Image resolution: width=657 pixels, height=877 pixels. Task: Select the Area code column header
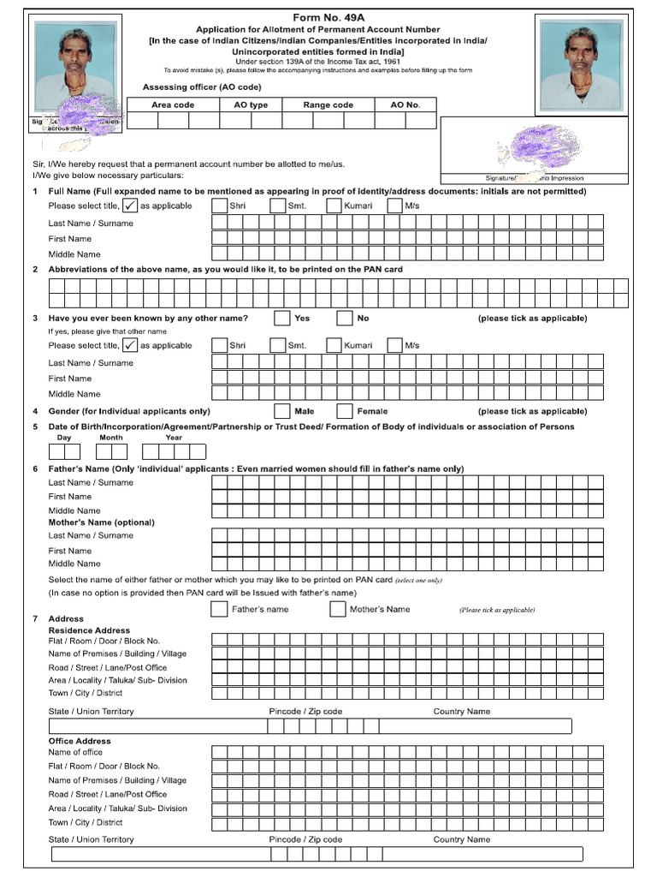point(173,104)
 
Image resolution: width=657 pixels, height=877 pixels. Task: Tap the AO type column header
point(251,104)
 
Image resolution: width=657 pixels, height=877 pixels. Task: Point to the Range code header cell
point(328,104)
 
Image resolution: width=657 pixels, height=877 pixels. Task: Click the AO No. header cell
point(405,104)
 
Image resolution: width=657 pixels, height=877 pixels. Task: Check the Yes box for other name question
point(282,319)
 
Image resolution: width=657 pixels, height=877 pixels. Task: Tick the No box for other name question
point(345,319)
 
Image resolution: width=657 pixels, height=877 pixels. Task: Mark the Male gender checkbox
point(282,411)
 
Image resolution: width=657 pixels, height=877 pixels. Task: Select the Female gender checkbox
point(345,411)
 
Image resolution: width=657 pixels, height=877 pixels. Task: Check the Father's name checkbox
point(219,610)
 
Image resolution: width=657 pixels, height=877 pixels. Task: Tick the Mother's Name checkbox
point(337,610)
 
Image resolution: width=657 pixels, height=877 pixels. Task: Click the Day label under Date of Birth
point(64,437)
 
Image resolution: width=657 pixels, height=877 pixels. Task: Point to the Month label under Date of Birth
point(111,437)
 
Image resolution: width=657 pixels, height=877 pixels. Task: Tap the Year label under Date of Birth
point(174,437)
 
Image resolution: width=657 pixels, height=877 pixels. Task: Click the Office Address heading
point(80,741)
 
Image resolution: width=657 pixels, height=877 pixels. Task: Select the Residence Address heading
point(89,630)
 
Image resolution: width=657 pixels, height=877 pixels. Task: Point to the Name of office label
point(75,752)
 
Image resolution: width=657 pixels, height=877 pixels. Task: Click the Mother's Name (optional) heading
point(101,522)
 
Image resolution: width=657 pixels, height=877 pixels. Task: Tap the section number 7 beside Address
point(34,618)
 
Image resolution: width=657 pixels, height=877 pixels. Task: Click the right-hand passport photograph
point(582,66)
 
